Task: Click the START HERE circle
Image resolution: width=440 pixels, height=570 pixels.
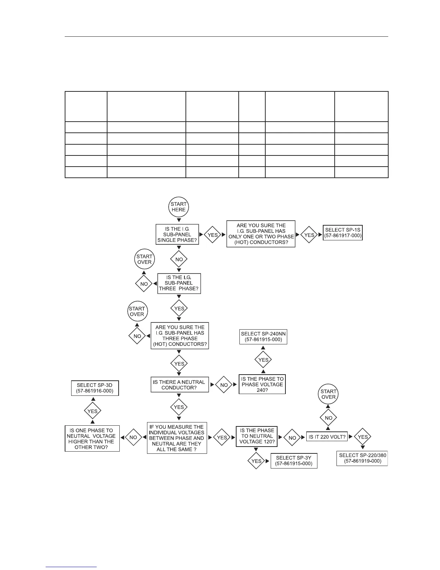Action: pyautogui.click(x=179, y=207)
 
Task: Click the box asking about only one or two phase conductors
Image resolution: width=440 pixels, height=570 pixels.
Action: pyautogui.click(x=261, y=234)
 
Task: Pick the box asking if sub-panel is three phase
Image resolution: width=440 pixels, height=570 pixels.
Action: pyautogui.click(x=179, y=283)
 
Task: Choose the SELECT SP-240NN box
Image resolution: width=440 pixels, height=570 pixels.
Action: pyautogui.click(x=263, y=337)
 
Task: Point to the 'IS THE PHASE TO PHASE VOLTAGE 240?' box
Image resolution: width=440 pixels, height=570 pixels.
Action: pyautogui.click(x=262, y=384)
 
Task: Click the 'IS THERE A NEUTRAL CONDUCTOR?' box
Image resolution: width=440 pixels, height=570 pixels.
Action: pyautogui.click(x=179, y=385)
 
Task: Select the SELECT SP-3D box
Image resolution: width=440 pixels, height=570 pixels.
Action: pyautogui.click(x=95, y=388)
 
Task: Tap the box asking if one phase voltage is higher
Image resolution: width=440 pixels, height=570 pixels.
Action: pyautogui.click(x=92, y=439)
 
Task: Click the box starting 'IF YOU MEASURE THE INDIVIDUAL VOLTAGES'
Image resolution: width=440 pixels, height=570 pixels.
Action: pyautogui.click(x=177, y=438)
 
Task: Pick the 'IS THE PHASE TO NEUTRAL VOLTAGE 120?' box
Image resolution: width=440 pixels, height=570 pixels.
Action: pyautogui.click(x=257, y=436)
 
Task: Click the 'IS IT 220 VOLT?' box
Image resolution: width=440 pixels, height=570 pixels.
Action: pyautogui.click(x=327, y=437)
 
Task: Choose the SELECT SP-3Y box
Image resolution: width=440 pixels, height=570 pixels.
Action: pyautogui.click(x=294, y=461)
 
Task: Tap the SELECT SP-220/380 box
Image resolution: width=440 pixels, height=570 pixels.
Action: pyautogui.click(x=362, y=458)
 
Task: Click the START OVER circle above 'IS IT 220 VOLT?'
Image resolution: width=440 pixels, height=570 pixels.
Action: pyautogui.click(x=329, y=394)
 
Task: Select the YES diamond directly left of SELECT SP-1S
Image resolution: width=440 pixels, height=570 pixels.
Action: pyautogui.click(x=309, y=235)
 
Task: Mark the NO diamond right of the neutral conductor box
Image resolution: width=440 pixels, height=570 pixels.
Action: pyautogui.click(x=224, y=385)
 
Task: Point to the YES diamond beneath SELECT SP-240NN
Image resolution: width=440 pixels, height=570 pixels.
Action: pyautogui.click(x=263, y=360)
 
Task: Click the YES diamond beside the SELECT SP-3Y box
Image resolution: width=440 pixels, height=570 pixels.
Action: pyautogui.click(x=256, y=461)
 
